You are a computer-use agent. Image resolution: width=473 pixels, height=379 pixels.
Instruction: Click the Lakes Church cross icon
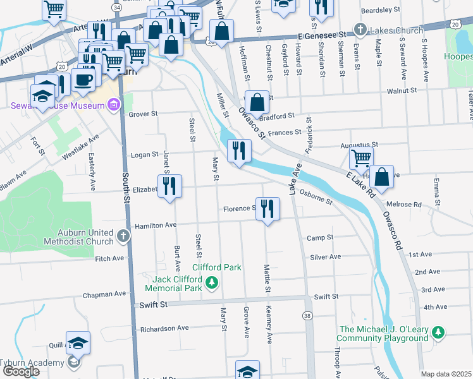coord(360,29)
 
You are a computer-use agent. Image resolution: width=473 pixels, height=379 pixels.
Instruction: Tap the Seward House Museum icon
coord(114,105)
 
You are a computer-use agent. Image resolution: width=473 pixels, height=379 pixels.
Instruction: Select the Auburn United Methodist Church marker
coord(123,236)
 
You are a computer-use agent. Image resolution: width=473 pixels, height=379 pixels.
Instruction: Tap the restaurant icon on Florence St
coord(268,208)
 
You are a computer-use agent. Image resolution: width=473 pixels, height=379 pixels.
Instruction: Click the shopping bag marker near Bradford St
coord(257,101)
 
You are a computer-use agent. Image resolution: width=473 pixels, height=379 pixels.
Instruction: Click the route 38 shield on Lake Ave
coord(307,315)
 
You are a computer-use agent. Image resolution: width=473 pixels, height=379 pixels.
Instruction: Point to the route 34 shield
coord(116,6)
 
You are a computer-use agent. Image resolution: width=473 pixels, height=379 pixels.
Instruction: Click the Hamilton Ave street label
coord(153,226)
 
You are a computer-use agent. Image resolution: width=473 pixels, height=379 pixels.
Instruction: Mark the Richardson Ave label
coord(164,328)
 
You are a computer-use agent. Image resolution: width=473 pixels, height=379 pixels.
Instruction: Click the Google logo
coord(21,371)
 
